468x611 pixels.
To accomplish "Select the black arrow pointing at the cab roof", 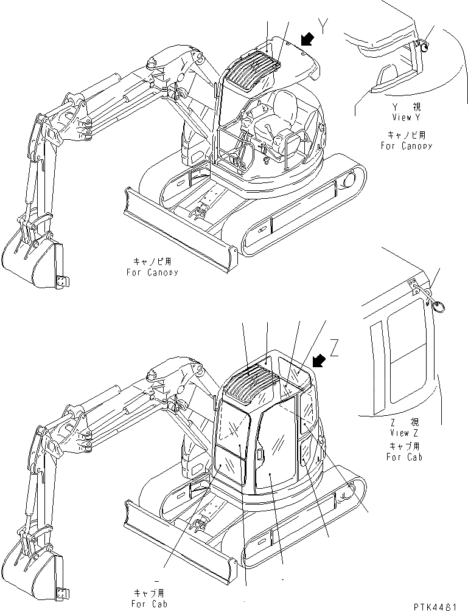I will [x=318, y=361].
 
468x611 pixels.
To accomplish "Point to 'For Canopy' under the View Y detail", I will [x=407, y=146].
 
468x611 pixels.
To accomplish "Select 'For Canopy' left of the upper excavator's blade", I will [x=153, y=272].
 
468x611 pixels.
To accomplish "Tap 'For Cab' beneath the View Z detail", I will [x=404, y=457].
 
